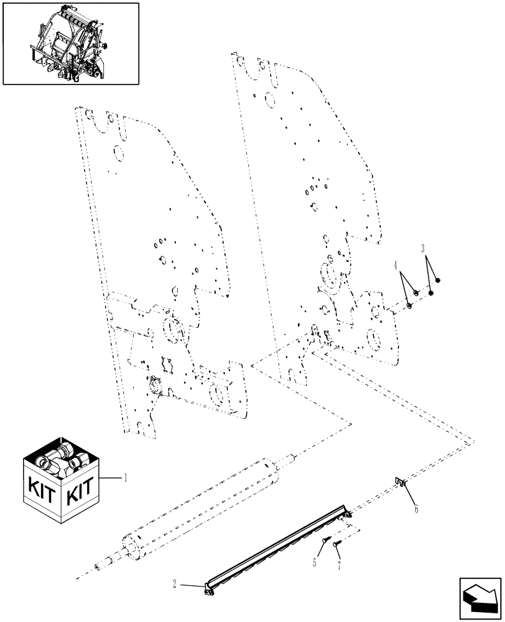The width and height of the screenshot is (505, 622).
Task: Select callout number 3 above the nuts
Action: [x=424, y=249]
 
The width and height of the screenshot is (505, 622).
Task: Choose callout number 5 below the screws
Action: [x=315, y=562]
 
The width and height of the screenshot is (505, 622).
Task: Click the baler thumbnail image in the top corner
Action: [x=71, y=43]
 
